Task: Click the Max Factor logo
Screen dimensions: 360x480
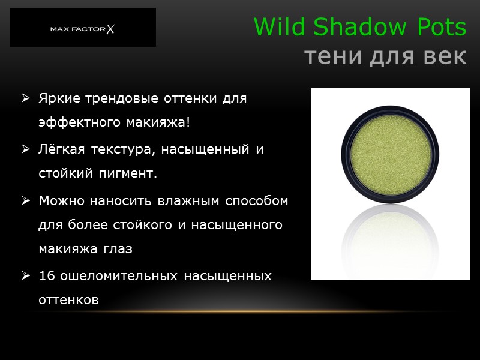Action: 82,28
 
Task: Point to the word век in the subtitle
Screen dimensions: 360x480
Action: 443,57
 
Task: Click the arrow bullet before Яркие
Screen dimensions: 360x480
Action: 26,98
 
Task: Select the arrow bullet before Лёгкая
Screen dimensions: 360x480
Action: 26,149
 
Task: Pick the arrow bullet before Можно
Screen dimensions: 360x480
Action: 26,201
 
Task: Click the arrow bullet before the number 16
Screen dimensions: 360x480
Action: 26,276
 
